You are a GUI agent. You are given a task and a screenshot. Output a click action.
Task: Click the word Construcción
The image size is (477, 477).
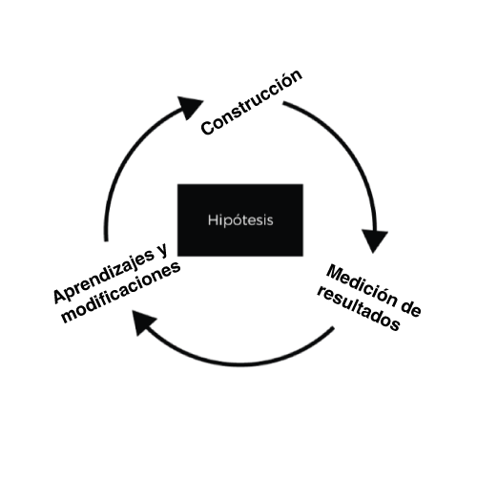252,102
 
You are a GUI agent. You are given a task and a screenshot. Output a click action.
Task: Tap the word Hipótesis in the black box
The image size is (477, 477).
240,220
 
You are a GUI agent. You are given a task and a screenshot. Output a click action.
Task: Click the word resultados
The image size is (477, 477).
359,309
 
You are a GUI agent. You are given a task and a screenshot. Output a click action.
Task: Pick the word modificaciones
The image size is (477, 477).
121,293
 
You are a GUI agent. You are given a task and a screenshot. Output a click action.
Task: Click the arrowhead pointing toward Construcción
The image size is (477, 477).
190,108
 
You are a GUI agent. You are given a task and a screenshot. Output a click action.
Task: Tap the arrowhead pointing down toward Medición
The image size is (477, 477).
375,240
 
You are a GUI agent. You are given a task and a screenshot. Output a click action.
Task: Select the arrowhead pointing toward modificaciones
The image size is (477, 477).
144,322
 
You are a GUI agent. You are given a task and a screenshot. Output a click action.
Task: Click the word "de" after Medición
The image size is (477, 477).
410,308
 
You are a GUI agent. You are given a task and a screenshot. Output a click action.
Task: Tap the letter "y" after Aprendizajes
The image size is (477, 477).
161,251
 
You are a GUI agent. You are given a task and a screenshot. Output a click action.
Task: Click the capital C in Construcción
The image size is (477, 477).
207,128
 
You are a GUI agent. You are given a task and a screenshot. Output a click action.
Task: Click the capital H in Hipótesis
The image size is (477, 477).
213,220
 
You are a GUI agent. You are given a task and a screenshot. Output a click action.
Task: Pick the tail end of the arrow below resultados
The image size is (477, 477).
334,328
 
